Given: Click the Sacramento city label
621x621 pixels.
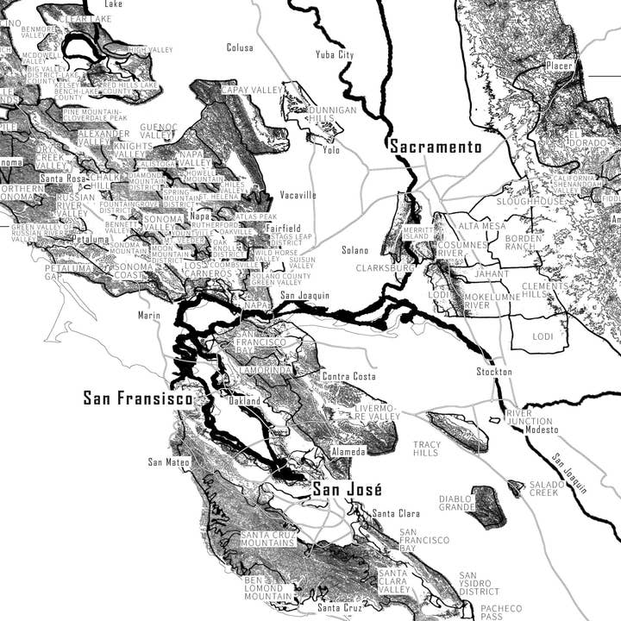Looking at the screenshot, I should pos(436,147).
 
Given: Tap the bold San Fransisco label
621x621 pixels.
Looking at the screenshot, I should pos(138,398).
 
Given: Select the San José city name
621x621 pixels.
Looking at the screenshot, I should pos(343,490).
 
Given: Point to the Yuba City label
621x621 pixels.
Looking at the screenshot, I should pos(335,54).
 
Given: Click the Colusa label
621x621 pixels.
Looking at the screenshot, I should pos(240,47).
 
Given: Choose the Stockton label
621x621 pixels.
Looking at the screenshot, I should pos(494,372).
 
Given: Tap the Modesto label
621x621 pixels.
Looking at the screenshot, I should pos(542,430).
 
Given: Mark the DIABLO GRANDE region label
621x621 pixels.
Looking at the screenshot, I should pos(456,504).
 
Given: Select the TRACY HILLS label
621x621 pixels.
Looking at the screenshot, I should pos(426,448).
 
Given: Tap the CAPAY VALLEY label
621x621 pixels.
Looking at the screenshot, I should pos(252,90).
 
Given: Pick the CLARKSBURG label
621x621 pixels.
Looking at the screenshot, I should pos(385,268).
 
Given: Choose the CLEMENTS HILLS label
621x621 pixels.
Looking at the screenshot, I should pos(546,290).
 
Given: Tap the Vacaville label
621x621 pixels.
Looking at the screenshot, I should pos(298,195).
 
